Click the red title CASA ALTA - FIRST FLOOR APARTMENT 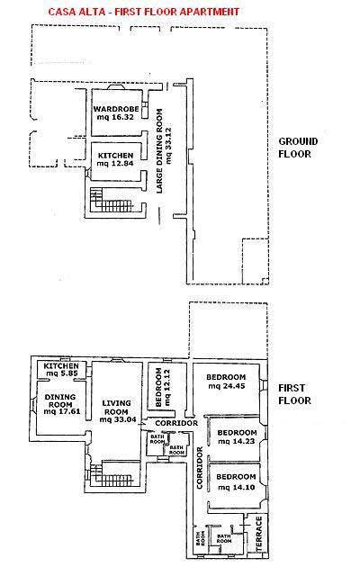click(x=144, y=12)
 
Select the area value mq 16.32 click(x=115, y=117)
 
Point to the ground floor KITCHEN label click(x=115, y=155)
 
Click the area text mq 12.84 click(x=115, y=164)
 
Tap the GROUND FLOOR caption click(x=298, y=148)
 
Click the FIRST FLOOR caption click(x=294, y=394)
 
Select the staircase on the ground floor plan click(x=112, y=201)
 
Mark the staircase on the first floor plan click(x=112, y=474)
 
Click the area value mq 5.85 click(x=61, y=373)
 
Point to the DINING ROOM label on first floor click(x=60, y=400)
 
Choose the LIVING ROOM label click(x=116, y=408)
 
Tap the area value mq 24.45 click(x=227, y=386)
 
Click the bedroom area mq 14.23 click(x=237, y=441)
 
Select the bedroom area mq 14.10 click(x=237, y=487)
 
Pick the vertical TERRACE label click(x=259, y=534)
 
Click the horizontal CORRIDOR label click(x=176, y=423)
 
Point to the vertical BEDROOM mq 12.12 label click(x=163, y=388)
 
